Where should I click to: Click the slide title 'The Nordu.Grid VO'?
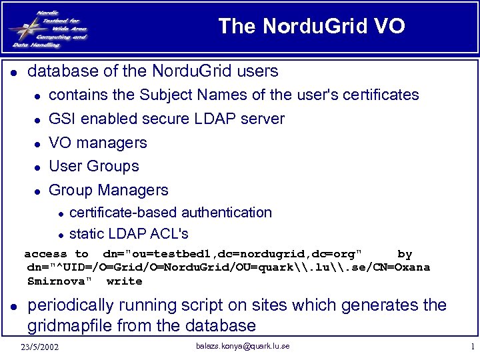[x=311, y=26]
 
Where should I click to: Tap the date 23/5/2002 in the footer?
[x=39, y=347]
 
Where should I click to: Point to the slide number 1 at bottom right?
[x=471, y=347]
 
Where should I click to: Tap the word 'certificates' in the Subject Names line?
[x=379, y=95]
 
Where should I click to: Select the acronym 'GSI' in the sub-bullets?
[x=63, y=119]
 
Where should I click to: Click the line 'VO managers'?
[x=98, y=143]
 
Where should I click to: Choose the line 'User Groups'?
[x=94, y=166]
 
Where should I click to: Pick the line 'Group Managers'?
[x=109, y=190]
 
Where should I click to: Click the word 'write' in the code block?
[x=124, y=281]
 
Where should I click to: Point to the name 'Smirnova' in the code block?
[x=57, y=281]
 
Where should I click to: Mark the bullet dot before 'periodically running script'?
[x=13, y=307]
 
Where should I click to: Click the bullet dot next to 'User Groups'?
[x=39, y=167]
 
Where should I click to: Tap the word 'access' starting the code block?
[x=45, y=254]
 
